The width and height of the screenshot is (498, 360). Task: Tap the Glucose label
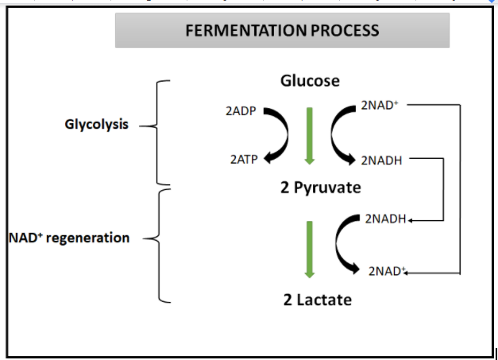click(x=310, y=81)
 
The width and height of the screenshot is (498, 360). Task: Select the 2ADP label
click(x=241, y=111)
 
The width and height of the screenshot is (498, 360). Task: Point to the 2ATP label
click(x=242, y=159)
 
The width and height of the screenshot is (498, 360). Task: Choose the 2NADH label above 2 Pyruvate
click(x=381, y=160)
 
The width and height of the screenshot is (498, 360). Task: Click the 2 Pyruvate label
click(x=311, y=188)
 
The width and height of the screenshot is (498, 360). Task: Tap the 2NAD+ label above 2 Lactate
click(x=387, y=271)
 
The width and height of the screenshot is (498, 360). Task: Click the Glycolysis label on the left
click(x=96, y=125)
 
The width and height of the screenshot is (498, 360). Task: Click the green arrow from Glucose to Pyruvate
click(x=310, y=134)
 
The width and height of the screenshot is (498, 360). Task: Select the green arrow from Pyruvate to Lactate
click(x=310, y=247)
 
